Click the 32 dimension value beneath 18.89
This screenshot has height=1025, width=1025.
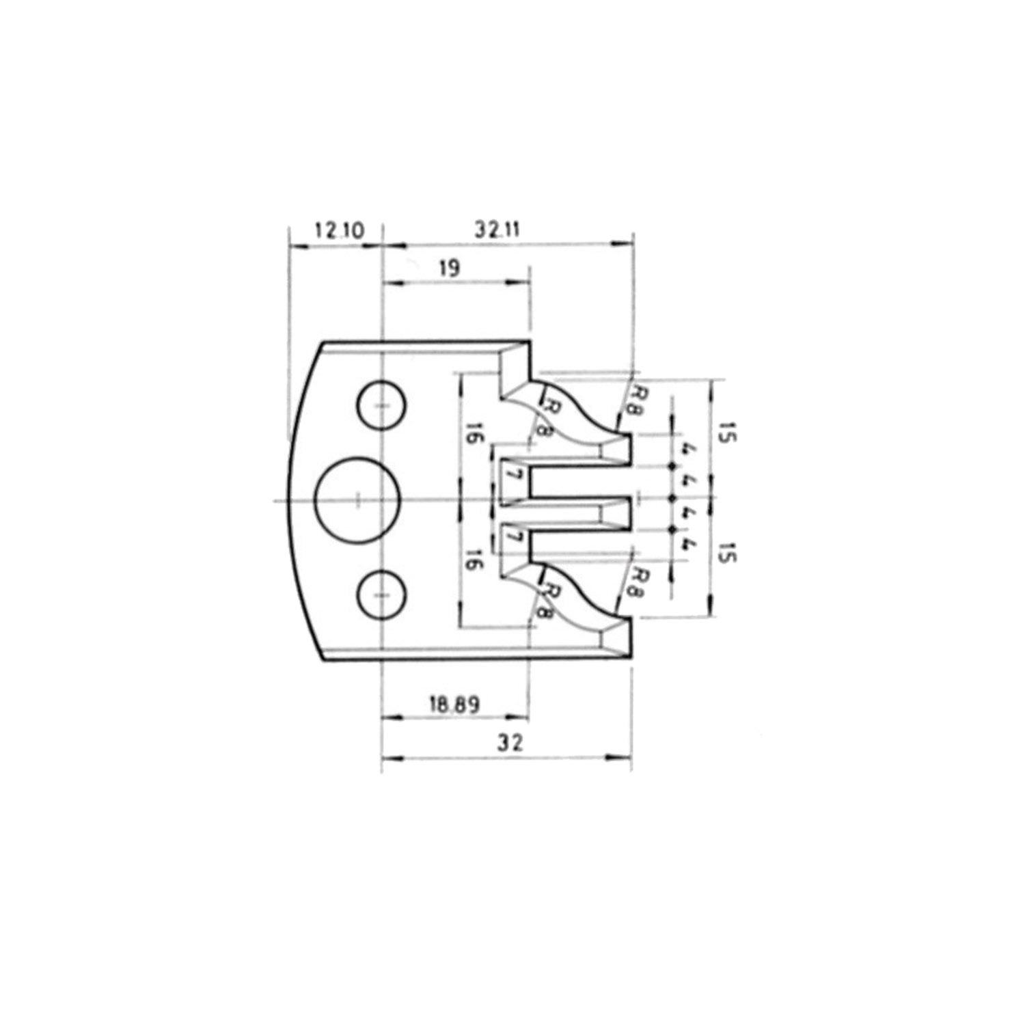tap(510, 742)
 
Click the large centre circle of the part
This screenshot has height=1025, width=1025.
tap(357, 500)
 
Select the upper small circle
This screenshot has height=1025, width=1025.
tap(381, 406)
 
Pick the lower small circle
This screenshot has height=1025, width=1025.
tap(381, 594)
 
